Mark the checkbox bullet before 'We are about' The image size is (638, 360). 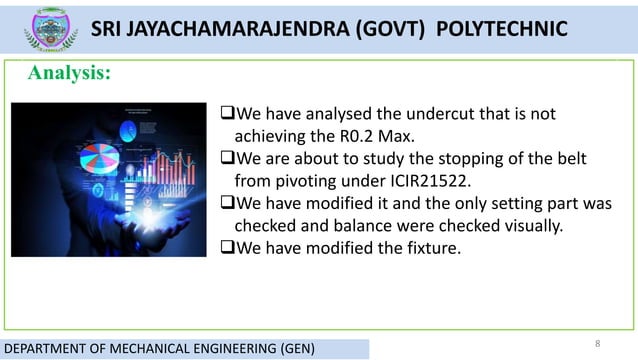click(x=226, y=160)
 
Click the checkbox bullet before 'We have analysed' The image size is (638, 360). click(x=226, y=114)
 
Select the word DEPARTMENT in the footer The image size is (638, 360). click(x=46, y=349)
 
